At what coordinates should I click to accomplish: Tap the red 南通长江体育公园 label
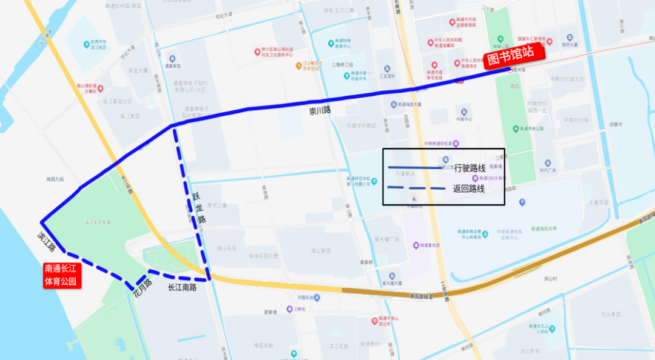(x=61, y=275)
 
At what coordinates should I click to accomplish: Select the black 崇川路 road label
(x=320, y=111)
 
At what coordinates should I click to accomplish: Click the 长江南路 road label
(x=182, y=287)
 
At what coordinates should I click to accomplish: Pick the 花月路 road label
(x=143, y=290)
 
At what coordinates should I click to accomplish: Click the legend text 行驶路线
(x=469, y=168)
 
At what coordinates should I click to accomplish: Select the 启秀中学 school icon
(x=86, y=37)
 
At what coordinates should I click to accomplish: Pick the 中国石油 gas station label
(x=309, y=298)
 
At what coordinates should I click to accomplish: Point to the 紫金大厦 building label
(x=138, y=70)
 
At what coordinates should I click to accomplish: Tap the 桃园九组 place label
(x=55, y=179)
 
